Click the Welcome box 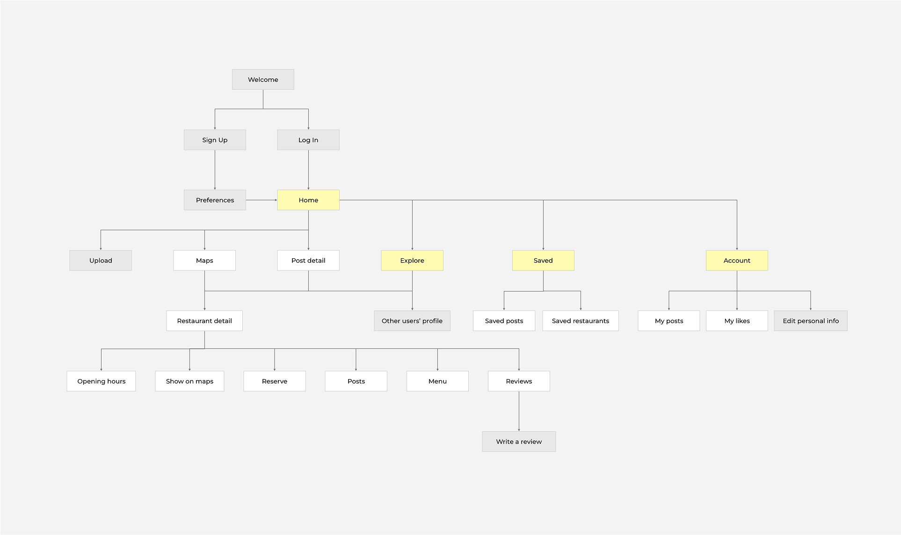click(x=263, y=80)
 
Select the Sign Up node click(x=215, y=140)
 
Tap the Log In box click(x=308, y=140)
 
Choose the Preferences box click(x=215, y=200)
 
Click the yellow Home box click(x=308, y=200)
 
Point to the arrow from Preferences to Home click(x=261, y=200)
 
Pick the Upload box click(x=101, y=260)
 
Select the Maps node click(x=204, y=260)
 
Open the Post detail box click(x=308, y=260)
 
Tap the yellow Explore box click(x=412, y=260)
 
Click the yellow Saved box click(x=543, y=260)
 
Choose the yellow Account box click(x=737, y=260)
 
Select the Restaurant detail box click(x=204, y=321)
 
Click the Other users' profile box click(x=412, y=321)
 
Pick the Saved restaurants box click(x=581, y=321)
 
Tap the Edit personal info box click(x=811, y=321)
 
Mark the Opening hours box click(x=101, y=381)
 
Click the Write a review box click(x=519, y=441)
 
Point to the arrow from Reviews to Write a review click(x=519, y=411)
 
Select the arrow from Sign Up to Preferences click(x=215, y=169)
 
